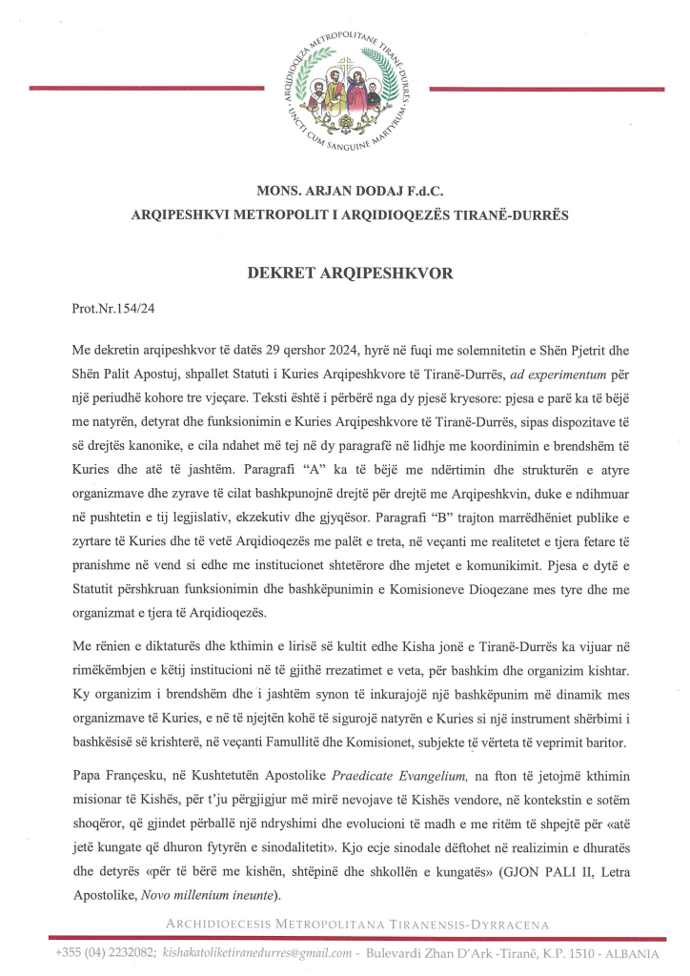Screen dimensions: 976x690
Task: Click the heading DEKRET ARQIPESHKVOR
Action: tap(344, 272)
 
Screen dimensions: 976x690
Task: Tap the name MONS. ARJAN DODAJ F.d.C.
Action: tap(344, 191)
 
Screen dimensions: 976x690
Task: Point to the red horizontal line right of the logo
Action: tap(547, 88)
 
